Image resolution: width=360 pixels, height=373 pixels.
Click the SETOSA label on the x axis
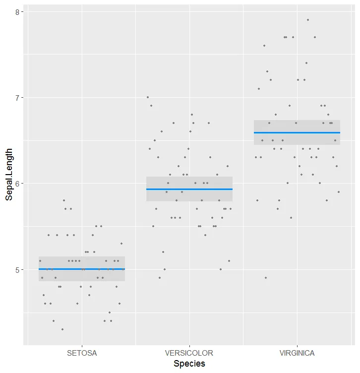coord(82,353)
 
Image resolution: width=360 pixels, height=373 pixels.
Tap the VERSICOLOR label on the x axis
coord(189,353)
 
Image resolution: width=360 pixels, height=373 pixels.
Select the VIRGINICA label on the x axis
coord(297,353)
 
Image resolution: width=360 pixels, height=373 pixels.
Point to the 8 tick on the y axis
coord(17,11)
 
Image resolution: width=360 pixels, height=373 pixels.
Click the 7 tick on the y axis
coord(17,98)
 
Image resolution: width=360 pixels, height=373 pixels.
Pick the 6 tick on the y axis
coord(17,184)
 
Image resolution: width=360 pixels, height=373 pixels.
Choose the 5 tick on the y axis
coord(17,270)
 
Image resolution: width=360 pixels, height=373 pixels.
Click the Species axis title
coord(189,364)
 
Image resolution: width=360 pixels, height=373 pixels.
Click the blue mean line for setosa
coord(82,269)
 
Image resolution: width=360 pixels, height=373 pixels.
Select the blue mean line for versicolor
coord(189,189)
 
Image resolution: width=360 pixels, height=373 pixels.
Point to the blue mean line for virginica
coord(297,132)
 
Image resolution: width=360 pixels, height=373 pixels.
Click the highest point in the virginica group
coord(307,20)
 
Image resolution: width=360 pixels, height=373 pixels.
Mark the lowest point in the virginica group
coord(266,278)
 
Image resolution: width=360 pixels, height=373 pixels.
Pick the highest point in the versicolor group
coord(147,97)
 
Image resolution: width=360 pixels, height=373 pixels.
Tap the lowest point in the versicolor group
coord(159,278)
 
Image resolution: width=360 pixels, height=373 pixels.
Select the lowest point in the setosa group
coord(62,329)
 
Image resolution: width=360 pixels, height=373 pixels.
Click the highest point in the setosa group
coord(64,200)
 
